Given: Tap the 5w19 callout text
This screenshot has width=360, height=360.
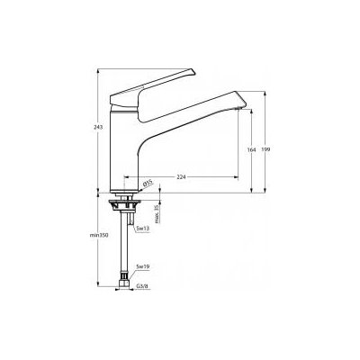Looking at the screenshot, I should (141, 267).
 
